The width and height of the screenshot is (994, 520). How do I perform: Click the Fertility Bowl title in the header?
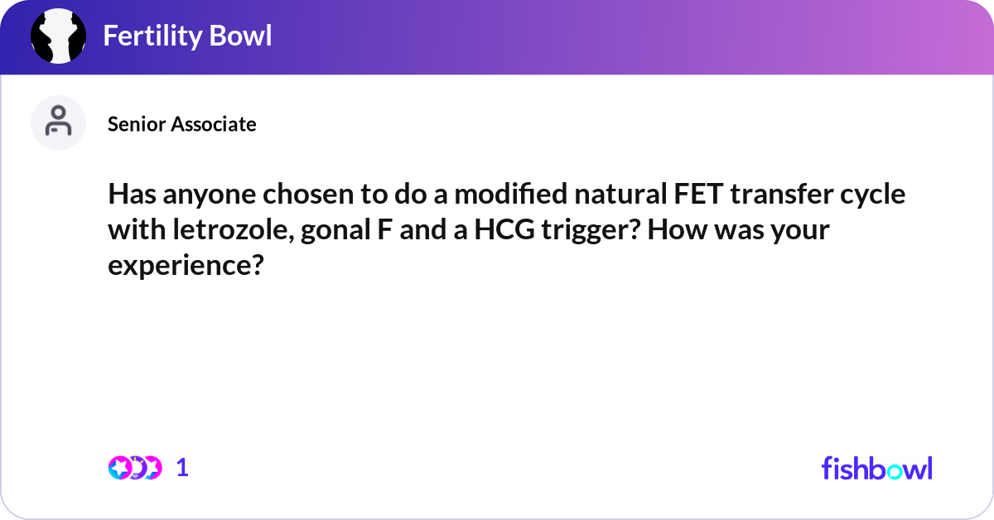coord(187,36)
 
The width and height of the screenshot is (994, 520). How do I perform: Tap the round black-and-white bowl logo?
coord(59,36)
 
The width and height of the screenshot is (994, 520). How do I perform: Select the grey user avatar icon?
coord(59,123)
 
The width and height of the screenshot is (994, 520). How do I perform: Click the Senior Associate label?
coord(182,124)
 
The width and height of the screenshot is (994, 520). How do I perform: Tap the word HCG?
coord(504,230)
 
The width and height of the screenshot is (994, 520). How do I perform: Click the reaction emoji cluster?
coord(135,468)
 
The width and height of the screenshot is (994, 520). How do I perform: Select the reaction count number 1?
coord(183,468)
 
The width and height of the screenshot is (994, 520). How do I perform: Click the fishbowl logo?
coord(876,468)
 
